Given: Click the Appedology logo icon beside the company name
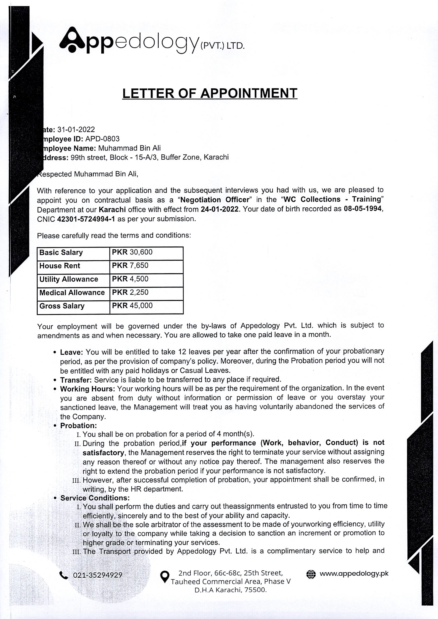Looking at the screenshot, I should [72, 40].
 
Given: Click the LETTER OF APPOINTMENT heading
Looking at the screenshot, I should [209, 93].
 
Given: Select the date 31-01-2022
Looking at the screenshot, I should [76, 130].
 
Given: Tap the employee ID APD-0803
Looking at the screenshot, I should [102, 139].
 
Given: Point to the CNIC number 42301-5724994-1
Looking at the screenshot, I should [86, 219].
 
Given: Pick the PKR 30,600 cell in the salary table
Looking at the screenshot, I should [132, 252].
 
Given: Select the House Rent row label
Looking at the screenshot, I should [60, 266].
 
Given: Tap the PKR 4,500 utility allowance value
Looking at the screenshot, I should [130, 279].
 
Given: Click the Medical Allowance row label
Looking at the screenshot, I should [72, 293].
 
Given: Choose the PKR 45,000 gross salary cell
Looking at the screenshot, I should [132, 306].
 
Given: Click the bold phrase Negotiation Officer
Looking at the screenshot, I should [215, 200].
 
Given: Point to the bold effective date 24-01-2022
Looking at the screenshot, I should [219, 209].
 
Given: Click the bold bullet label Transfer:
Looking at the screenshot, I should [76, 380].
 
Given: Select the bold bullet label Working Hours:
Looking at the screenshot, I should [88, 389].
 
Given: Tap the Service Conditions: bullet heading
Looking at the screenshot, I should [95, 498].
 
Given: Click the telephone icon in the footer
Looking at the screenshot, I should [64, 575].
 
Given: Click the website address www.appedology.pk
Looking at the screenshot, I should [354, 573].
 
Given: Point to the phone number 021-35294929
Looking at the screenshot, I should [97, 575].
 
